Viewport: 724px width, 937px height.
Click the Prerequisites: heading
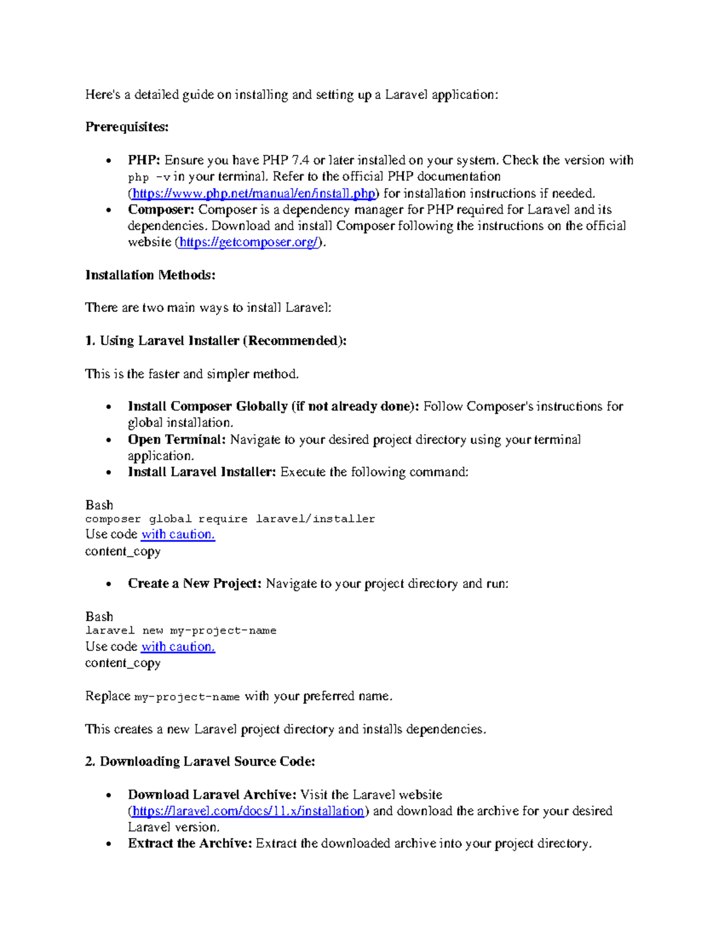pos(127,127)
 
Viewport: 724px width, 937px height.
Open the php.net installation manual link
pos(253,194)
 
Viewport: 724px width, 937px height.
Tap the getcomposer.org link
pos(249,243)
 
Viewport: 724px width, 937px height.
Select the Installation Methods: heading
pos(150,275)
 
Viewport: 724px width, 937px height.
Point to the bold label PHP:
pos(144,160)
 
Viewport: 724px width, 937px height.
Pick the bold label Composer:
pos(160,210)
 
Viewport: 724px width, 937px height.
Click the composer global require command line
pos(230,519)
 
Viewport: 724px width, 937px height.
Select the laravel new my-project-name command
pos(180,630)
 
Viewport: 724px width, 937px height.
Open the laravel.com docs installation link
pos(248,811)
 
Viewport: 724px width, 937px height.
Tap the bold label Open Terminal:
pos(176,440)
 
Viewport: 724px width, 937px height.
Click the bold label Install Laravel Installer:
pos(202,472)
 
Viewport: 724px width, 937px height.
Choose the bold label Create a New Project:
pos(194,584)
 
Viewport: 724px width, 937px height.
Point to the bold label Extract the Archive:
pos(189,843)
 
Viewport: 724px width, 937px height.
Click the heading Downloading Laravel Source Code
pos(207,761)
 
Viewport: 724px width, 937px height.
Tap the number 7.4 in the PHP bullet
pos(300,160)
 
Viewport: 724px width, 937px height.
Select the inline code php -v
pos(148,177)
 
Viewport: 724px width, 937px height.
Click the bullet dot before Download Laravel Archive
pos(109,795)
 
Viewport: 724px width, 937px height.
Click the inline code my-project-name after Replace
pos(186,697)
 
